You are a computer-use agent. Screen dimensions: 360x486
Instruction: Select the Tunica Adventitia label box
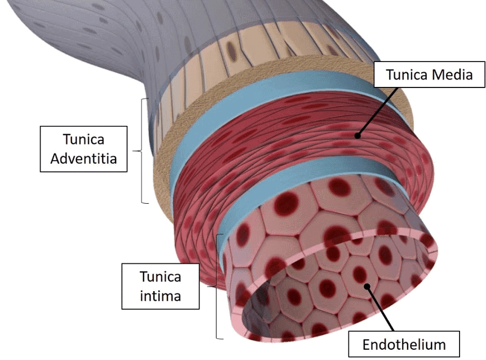(x=83, y=150)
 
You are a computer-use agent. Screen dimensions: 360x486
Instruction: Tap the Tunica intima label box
(x=161, y=286)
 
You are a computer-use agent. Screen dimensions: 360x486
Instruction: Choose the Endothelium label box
(x=404, y=344)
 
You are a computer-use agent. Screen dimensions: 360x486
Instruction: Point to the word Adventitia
(x=83, y=159)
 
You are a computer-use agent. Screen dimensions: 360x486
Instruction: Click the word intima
(x=161, y=295)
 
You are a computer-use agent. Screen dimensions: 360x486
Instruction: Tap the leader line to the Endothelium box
(x=381, y=308)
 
